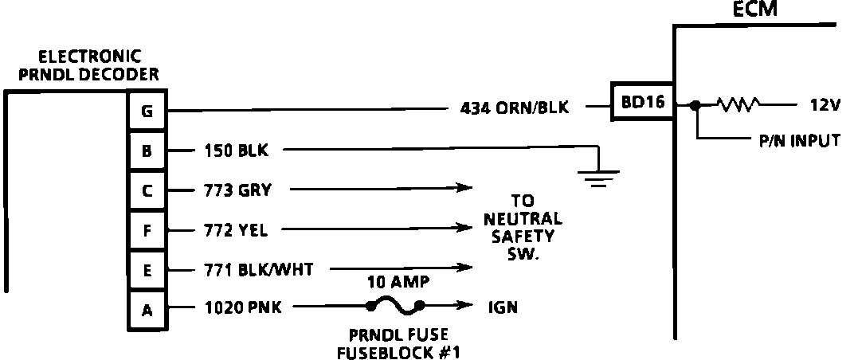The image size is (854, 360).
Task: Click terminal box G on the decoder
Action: [x=147, y=112]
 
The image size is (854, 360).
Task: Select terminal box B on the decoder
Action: [x=147, y=151]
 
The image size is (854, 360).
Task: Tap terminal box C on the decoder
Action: [x=147, y=190]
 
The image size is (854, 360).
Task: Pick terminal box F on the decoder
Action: [x=147, y=230]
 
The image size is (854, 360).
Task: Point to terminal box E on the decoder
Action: [x=147, y=270]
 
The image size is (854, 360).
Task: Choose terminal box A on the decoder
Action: [x=147, y=310]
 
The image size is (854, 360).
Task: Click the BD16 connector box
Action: [x=642, y=103]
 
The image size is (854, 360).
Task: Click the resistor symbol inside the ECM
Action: [x=738, y=104]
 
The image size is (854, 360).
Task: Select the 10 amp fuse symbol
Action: [x=395, y=304]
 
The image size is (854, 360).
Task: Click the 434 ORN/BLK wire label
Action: [x=515, y=108]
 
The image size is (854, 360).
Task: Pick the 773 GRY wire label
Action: [x=238, y=190]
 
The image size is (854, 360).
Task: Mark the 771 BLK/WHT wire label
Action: [x=253, y=269]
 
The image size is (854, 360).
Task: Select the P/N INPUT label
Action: [x=799, y=141]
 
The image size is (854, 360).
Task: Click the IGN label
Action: [x=502, y=307]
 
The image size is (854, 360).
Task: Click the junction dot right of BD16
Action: [x=695, y=104]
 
